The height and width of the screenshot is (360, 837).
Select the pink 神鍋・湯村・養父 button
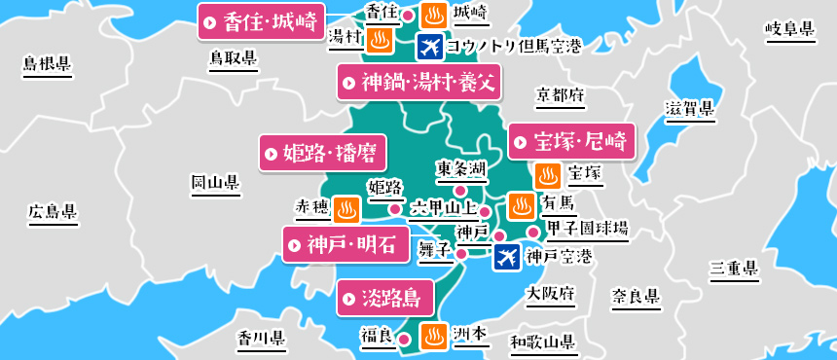pyautogui.click(x=419, y=83)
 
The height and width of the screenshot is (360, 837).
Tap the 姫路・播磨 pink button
pyautogui.click(x=322, y=153)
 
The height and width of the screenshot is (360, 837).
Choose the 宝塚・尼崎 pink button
pyautogui.click(x=570, y=141)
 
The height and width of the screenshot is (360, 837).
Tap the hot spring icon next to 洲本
pyautogui.click(x=433, y=336)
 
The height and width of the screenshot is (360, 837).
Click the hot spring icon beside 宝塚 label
pyautogui.click(x=548, y=176)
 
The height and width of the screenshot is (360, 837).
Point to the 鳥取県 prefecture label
pyautogui.click(x=234, y=59)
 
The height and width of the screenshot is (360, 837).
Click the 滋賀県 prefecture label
pyautogui.click(x=689, y=108)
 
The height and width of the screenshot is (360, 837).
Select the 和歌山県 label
pyautogui.click(x=542, y=342)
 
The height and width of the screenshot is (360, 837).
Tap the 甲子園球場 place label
pyautogui.click(x=587, y=230)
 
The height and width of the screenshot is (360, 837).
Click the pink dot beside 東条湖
pyautogui.click(x=461, y=190)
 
